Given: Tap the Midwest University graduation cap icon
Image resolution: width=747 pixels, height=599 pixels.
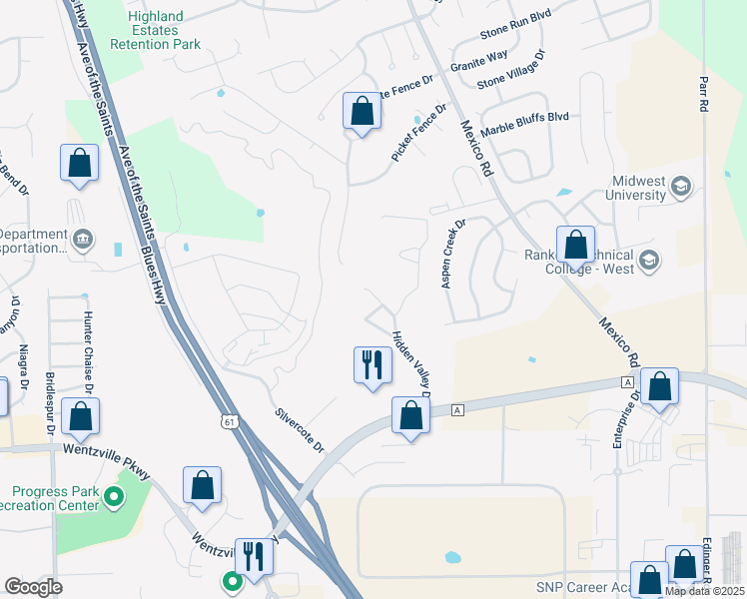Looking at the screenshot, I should (682, 187).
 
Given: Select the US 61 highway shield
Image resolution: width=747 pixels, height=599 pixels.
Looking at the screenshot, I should (231, 422).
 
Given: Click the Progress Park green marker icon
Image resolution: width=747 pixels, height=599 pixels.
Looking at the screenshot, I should (115, 496).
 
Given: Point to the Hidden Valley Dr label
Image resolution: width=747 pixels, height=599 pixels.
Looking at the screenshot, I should (410, 365).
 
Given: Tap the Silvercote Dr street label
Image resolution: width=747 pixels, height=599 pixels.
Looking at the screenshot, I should (301, 430).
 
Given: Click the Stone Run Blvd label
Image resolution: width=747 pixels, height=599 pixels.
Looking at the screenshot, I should (515, 45).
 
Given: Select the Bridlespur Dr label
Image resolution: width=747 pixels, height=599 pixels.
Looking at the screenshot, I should (50, 404).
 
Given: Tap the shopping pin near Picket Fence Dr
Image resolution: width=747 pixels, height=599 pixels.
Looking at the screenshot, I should (362, 110).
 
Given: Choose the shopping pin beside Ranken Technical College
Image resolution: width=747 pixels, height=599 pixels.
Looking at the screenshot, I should (575, 244).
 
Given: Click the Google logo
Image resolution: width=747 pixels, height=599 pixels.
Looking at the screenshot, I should (33, 587).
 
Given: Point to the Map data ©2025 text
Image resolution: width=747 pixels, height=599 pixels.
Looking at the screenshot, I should (705, 591).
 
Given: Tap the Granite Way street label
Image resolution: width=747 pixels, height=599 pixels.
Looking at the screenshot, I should (479, 61).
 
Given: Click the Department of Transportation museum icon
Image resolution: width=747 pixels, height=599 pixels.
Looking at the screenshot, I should (84, 239).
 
